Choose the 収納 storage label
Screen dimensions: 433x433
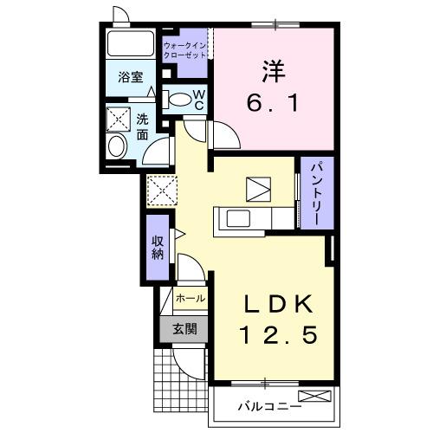tap(158, 248)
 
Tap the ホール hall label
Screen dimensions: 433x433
tap(191, 299)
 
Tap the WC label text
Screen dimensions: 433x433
tap(198, 98)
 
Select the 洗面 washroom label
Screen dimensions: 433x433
tap(142, 126)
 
